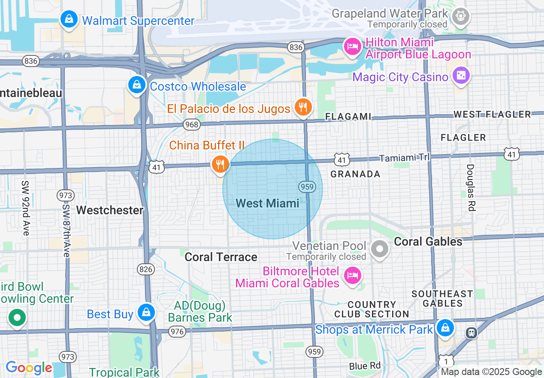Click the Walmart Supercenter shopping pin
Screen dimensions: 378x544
69,19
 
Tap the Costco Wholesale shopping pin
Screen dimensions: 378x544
136,85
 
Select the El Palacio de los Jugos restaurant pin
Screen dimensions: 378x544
303,107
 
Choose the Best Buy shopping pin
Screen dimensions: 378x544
146,313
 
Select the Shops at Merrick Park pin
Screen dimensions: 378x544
445,328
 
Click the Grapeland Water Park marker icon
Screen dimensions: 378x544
460,16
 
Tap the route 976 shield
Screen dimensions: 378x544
177,331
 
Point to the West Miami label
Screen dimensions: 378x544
268,203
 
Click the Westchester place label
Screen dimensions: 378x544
110,210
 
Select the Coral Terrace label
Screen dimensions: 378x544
221,257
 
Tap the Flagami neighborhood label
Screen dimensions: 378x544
348,116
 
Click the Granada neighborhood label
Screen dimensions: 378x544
355,174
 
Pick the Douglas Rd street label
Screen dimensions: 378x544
471,187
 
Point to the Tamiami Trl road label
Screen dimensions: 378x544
405,158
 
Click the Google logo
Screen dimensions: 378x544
29,368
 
